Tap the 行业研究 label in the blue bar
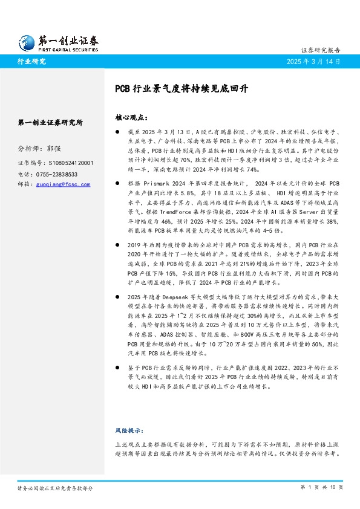[31, 62]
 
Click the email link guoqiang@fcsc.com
[62, 184]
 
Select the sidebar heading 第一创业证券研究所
[51, 122]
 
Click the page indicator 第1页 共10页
[321, 487]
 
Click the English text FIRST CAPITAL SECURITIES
[68, 50]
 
